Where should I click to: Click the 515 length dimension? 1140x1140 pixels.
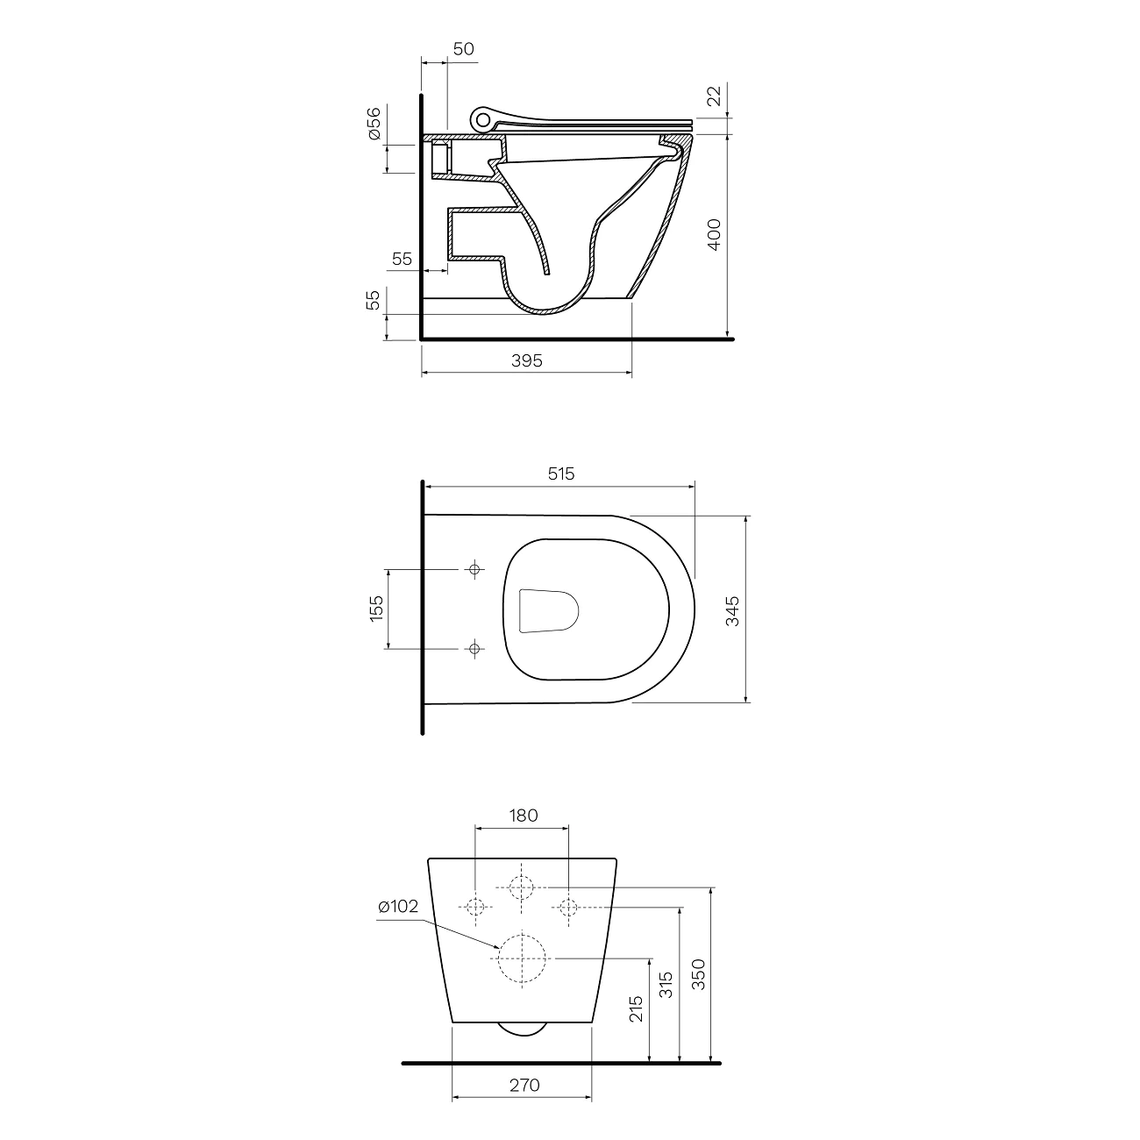click(x=560, y=474)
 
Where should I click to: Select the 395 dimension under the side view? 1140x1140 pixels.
click(x=526, y=360)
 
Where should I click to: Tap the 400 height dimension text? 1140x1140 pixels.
click(x=714, y=235)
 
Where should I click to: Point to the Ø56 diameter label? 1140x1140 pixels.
click(x=374, y=124)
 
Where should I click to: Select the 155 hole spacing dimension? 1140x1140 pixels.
click(x=376, y=609)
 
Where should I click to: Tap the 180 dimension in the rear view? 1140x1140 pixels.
click(x=523, y=815)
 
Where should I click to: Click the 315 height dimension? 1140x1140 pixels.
click(x=666, y=988)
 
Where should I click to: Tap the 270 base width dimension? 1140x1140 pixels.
click(x=524, y=1086)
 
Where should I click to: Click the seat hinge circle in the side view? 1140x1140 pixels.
click(x=481, y=118)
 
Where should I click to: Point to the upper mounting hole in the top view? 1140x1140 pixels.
click(x=475, y=569)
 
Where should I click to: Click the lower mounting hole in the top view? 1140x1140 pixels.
click(x=475, y=649)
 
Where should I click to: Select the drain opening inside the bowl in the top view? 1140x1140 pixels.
click(x=550, y=610)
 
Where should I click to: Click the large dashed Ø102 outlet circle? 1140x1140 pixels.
click(x=522, y=958)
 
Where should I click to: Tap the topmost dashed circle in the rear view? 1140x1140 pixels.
click(x=522, y=887)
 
